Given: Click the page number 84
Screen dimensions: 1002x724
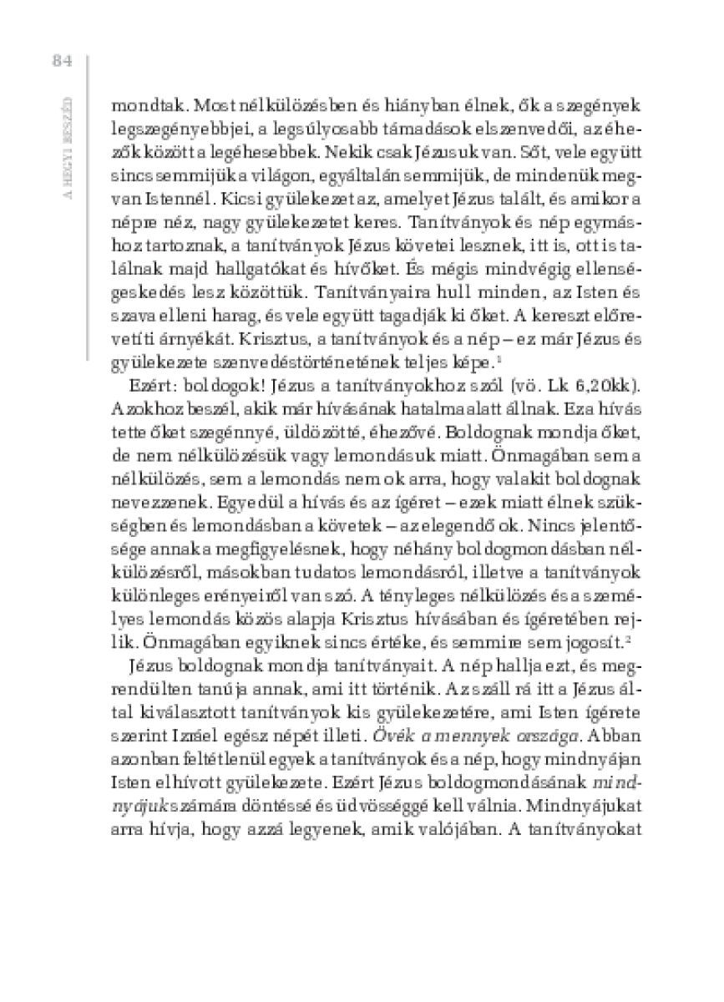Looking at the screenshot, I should (63, 61).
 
